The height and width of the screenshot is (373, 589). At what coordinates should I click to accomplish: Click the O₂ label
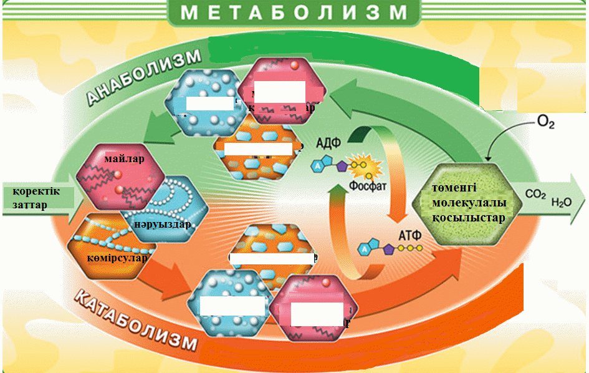click(545, 122)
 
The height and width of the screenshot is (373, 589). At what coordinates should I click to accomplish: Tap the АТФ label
click(409, 236)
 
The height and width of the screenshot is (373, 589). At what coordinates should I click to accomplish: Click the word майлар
click(124, 159)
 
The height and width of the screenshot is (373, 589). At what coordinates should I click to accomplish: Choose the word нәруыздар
click(161, 224)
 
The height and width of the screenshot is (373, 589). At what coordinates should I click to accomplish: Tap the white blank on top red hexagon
click(278, 91)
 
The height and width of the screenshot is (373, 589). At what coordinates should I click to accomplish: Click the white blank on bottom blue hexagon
click(232, 306)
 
